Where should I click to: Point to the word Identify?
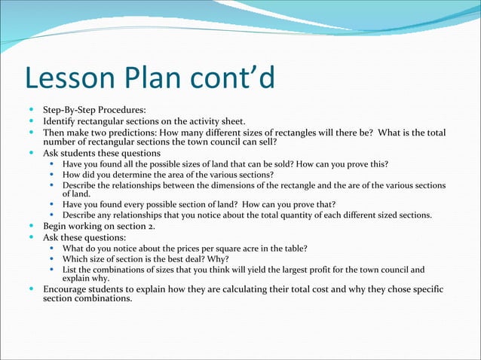(62, 121)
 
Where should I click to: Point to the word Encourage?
(67, 289)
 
